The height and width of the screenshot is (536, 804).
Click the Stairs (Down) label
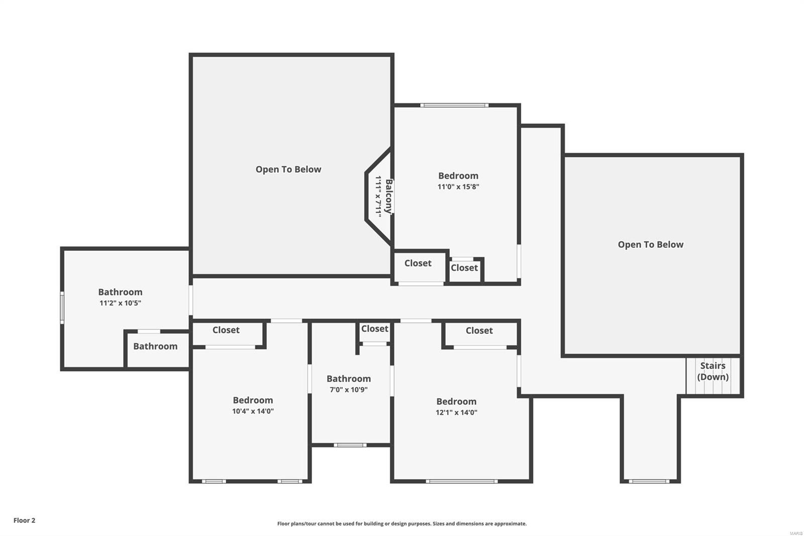(x=713, y=371)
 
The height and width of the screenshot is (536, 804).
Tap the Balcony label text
(x=388, y=196)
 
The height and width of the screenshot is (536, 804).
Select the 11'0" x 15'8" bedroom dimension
(x=458, y=187)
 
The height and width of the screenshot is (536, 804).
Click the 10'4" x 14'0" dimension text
(x=253, y=411)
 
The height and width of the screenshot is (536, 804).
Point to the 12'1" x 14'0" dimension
(x=456, y=412)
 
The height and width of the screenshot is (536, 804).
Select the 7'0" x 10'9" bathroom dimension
(x=348, y=390)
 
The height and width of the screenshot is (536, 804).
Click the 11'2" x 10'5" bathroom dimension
(x=120, y=303)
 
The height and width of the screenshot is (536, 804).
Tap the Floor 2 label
(x=24, y=520)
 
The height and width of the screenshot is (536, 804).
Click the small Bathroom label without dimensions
(x=155, y=346)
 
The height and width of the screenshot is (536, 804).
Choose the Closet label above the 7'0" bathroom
(x=374, y=328)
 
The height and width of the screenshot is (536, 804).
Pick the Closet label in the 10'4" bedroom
(x=226, y=330)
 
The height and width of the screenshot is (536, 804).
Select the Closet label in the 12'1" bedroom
(x=479, y=330)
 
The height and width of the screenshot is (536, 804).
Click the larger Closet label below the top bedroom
(x=418, y=263)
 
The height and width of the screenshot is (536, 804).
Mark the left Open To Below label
(x=288, y=169)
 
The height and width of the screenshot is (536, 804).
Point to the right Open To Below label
(x=650, y=244)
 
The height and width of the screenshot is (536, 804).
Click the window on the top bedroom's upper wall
(x=454, y=105)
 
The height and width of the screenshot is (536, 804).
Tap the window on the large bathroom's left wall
(x=62, y=307)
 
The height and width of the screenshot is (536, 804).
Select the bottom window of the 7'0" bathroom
(x=350, y=444)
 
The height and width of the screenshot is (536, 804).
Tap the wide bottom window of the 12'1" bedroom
(x=461, y=481)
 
